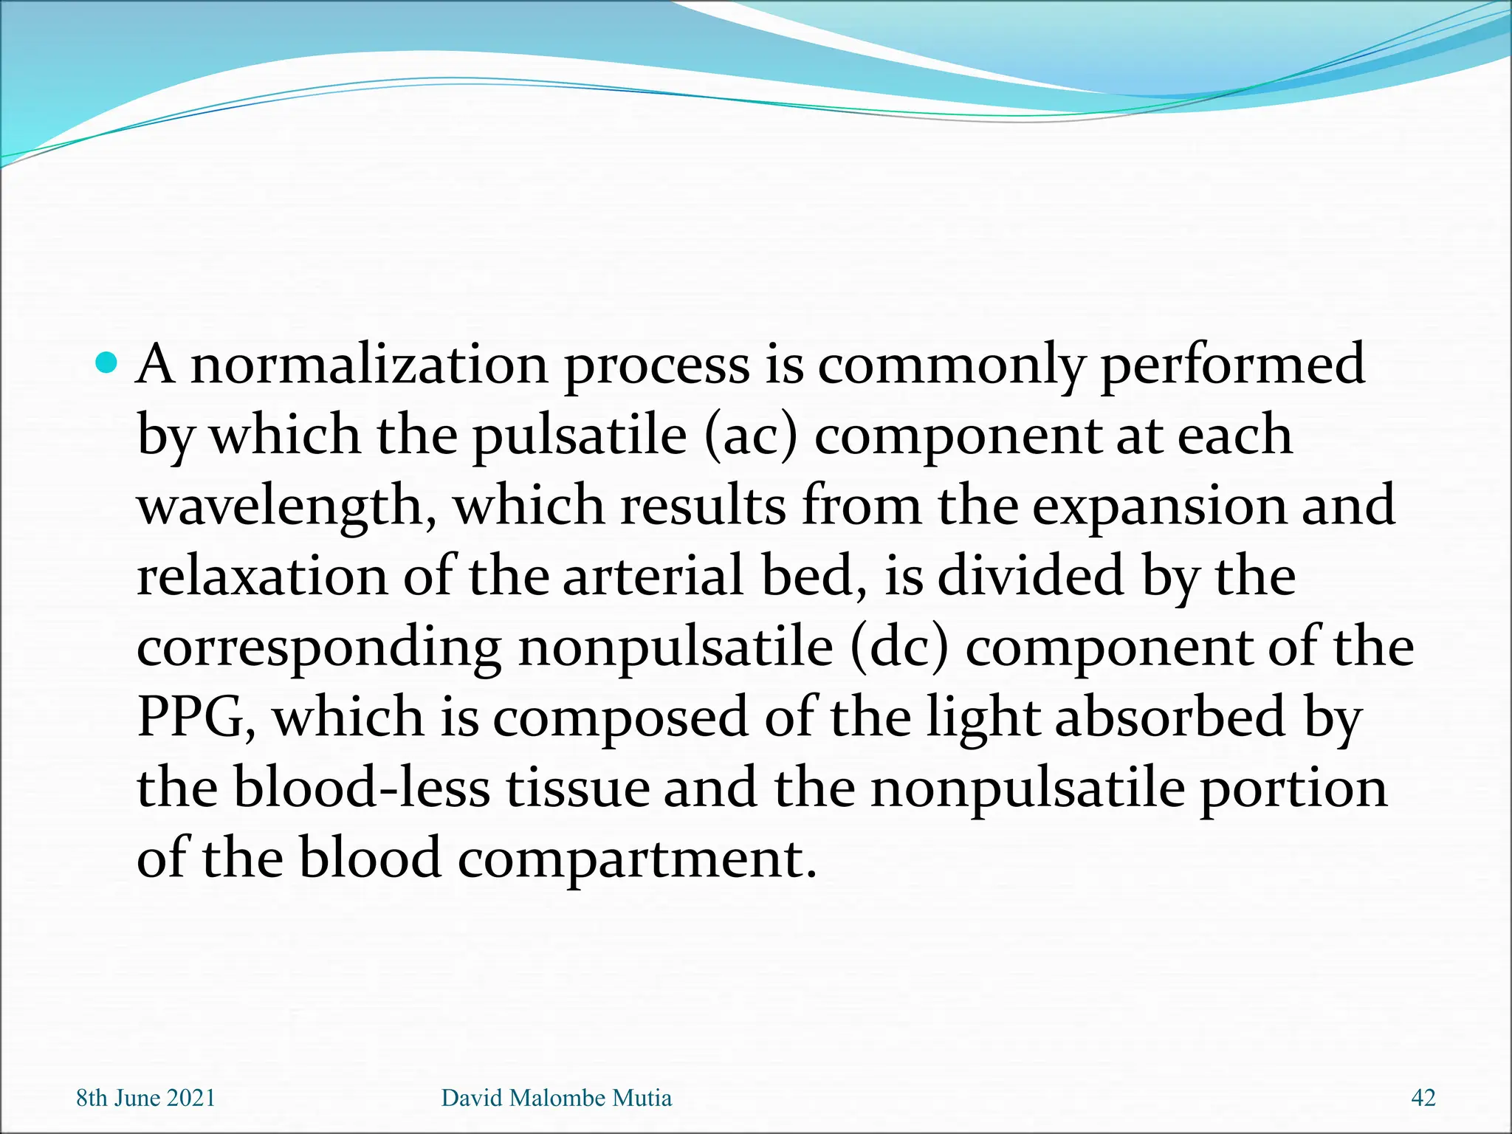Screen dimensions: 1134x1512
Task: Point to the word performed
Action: tap(1232, 365)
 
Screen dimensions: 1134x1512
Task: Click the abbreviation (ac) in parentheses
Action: tap(750, 436)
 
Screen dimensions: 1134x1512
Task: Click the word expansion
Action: tap(1158, 506)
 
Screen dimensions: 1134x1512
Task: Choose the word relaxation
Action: tap(261, 577)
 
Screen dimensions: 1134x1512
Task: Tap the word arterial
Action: tap(653, 577)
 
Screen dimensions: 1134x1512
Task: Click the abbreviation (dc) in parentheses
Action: tap(898, 648)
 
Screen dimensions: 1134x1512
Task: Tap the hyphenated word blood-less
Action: tap(362, 788)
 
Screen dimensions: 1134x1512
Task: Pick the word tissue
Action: tap(577, 788)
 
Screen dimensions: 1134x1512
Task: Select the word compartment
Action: tap(636, 859)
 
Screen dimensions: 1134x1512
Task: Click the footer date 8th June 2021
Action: tap(145, 1098)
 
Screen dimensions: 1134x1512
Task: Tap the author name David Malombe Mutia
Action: tap(557, 1098)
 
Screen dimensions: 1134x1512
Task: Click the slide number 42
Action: tap(1423, 1098)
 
